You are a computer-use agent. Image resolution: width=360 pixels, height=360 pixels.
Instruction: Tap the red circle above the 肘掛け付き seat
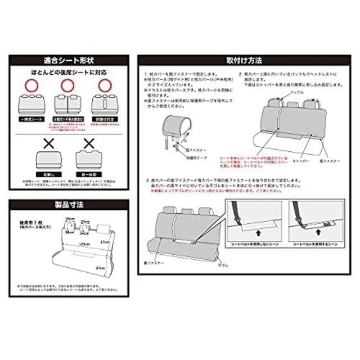[x=104, y=86]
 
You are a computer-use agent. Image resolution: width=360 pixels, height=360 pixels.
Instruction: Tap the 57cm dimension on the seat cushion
[x=101, y=267]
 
